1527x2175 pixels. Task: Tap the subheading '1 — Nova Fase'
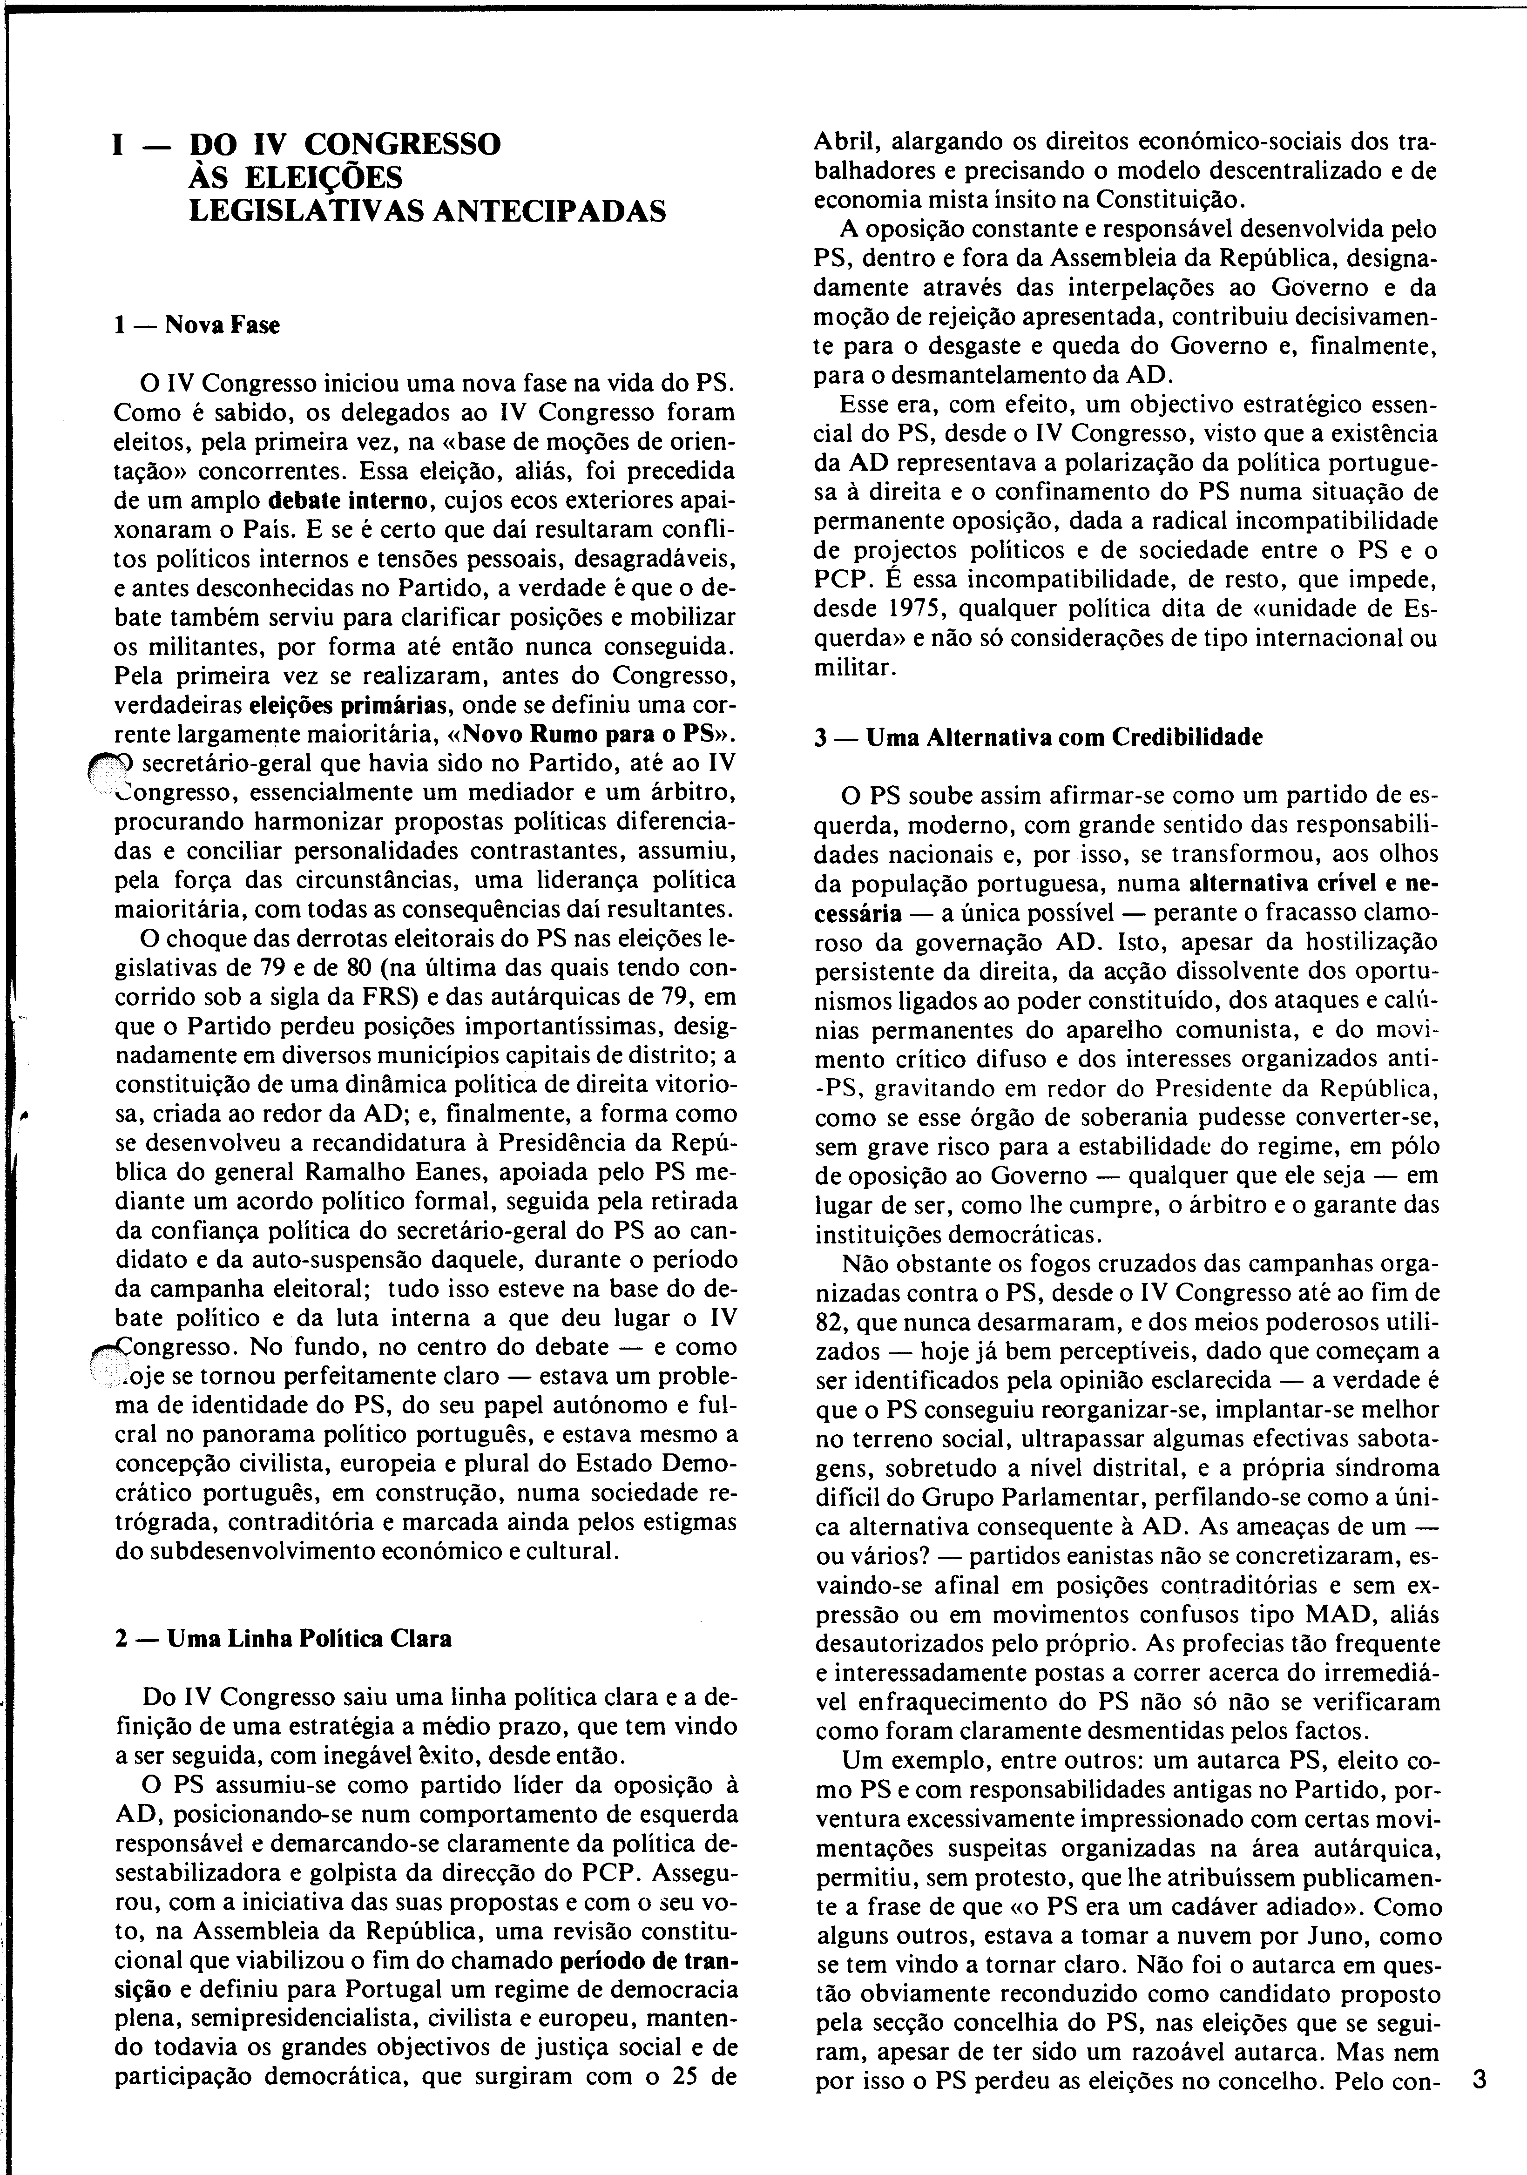(x=196, y=325)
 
